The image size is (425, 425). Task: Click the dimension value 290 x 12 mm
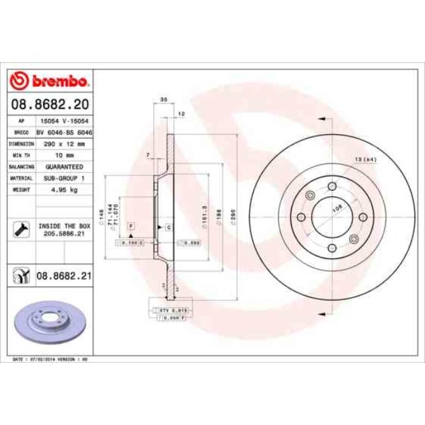[x=62, y=143]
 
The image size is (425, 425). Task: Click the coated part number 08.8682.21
[x=63, y=277]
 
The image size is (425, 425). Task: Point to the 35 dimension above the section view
[x=163, y=100]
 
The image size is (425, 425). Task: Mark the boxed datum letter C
[x=169, y=227]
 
